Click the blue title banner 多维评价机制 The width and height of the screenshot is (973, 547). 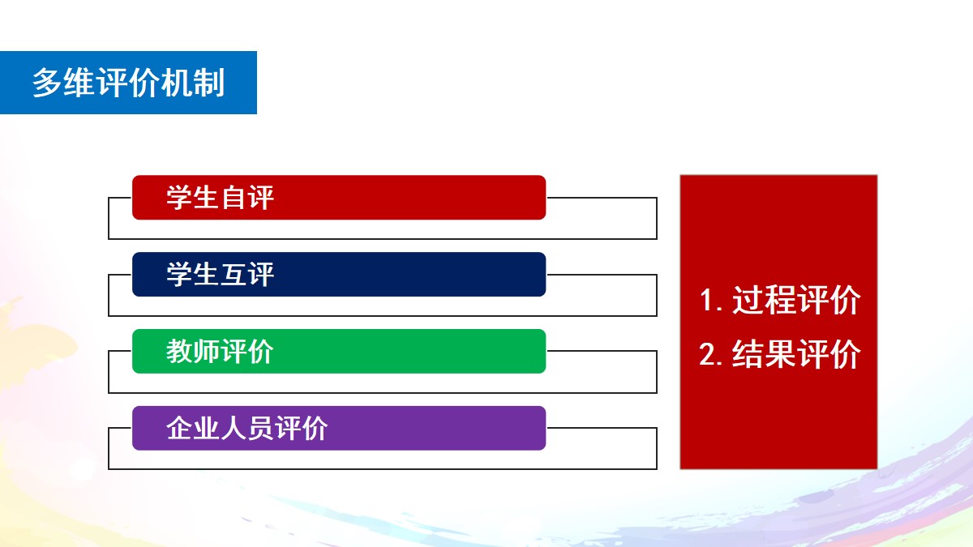[x=128, y=83]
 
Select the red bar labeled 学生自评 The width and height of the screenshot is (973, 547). [x=339, y=198]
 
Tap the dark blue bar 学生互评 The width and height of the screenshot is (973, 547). [x=339, y=275]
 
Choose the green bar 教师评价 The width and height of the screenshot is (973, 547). [x=339, y=351]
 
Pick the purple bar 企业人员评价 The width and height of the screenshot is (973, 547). [x=339, y=428]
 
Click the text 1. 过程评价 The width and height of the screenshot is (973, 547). [x=780, y=300]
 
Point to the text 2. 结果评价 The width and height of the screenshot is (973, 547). [x=780, y=354]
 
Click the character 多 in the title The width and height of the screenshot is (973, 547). [x=46, y=83]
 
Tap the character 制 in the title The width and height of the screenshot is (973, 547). [x=209, y=83]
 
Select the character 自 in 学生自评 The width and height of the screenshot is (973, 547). [x=234, y=198]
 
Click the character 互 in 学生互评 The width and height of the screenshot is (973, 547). [x=234, y=275]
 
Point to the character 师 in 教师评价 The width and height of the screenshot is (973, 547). [x=206, y=351]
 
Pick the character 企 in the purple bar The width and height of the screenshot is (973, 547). [x=179, y=428]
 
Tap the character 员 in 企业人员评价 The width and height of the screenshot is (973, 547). [x=260, y=428]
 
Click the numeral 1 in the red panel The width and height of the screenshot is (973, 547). [x=706, y=301]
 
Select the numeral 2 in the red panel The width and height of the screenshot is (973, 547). [x=707, y=355]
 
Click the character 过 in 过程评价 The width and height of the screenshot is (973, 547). [x=748, y=300]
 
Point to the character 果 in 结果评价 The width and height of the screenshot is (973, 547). [x=780, y=354]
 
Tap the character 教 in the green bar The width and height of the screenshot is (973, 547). [x=179, y=351]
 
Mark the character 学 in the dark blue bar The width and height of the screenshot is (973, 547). [x=179, y=275]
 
